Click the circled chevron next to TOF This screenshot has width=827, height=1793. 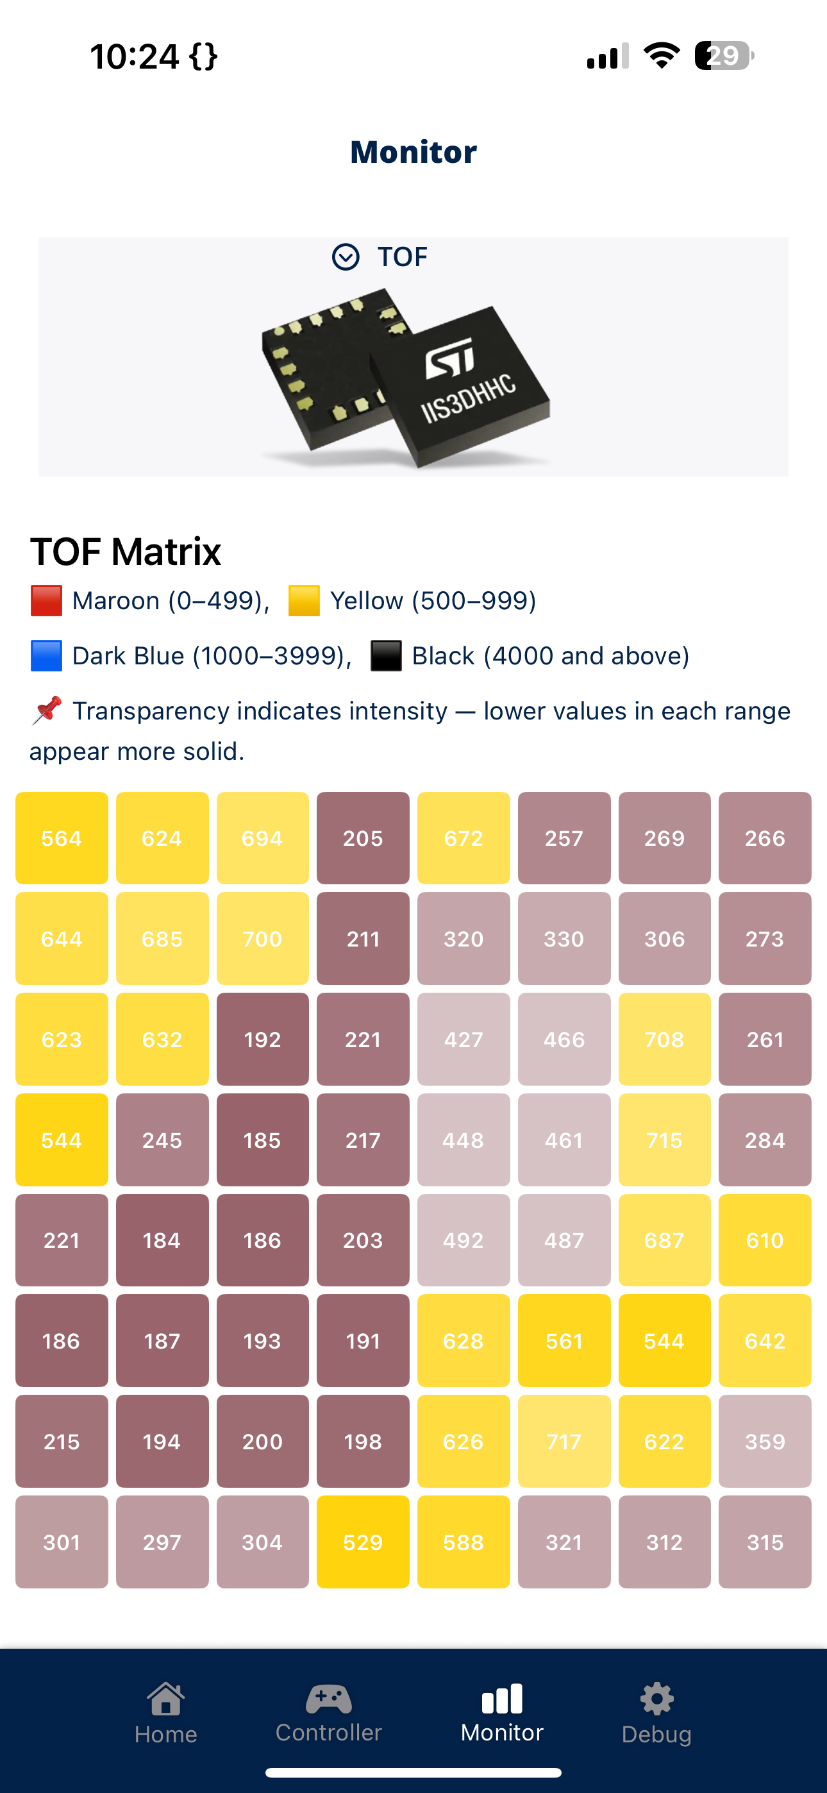[x=346, y=257]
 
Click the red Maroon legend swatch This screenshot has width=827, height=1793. [x=47, y=601]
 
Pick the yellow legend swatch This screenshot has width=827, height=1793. [x=305, y=601]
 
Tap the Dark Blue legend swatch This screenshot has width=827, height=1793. [x=47, y=655]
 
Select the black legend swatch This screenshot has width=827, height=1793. [x=387, y=655]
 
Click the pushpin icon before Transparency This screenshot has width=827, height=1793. [x=47, y=711]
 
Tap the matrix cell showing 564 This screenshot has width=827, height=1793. [x=62, y=838]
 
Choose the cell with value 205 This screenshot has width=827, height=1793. [x=363, y=838]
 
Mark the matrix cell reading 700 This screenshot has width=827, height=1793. [x=262, y=938]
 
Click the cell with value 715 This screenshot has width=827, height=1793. [x=664, y=1140]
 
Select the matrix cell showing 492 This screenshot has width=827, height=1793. [x=464, y=1240]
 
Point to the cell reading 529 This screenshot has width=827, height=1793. [x=363, y=1542]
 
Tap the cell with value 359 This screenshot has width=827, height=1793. [x=765, y=1441]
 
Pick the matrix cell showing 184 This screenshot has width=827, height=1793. [x=162, y=1240]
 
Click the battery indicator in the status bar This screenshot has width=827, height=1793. [x=724, y=56]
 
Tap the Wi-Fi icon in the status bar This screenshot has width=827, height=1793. [x=662, y=56]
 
